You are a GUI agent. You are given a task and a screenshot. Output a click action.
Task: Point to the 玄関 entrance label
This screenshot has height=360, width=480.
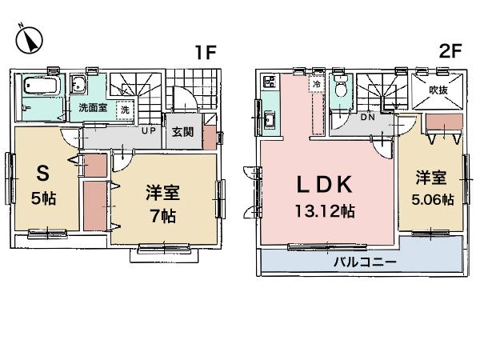182,132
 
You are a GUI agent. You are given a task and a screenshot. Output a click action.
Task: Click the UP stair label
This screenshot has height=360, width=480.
149,130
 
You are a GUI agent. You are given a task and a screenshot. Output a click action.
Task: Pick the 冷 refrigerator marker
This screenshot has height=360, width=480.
317,83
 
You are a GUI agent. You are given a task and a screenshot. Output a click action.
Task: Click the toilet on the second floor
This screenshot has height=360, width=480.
340,89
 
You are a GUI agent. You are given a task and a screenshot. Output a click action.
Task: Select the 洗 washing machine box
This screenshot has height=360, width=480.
125,110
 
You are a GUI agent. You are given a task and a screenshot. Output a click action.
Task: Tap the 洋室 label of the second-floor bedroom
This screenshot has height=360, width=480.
428,176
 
